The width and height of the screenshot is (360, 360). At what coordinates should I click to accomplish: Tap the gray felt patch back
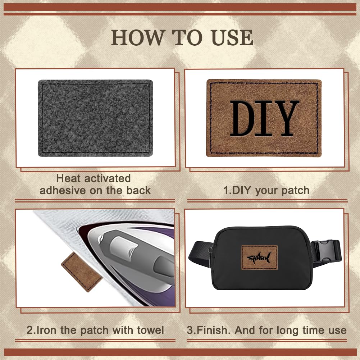95,118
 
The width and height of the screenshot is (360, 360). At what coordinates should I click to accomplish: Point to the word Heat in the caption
68,178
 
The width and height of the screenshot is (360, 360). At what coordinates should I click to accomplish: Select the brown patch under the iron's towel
82,272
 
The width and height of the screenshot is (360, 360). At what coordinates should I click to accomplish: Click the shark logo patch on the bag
259,258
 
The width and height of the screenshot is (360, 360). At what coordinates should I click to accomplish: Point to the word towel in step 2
150,330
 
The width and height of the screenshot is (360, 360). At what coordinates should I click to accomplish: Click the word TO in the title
187,38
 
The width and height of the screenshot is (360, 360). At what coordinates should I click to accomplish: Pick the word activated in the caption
108,178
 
